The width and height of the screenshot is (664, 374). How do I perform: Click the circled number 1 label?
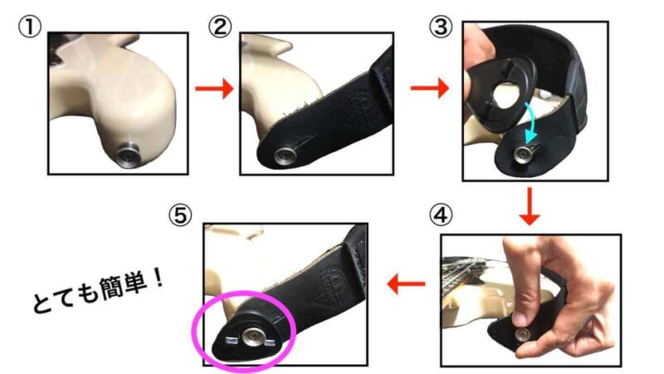pos(29,28)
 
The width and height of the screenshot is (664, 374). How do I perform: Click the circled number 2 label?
pos(220,27)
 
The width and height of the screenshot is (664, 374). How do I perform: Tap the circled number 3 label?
pos(441,27)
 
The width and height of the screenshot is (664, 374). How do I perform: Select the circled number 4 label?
pos(441,214)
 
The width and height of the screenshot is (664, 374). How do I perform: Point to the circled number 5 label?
pos(180,215)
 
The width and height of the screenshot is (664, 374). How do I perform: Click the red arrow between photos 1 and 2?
pos(214,89)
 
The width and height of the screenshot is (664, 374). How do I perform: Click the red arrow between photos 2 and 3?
pos(429,88)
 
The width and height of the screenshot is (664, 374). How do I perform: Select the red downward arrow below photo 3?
pos(530,206)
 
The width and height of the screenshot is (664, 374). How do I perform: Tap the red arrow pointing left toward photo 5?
pos(406,283)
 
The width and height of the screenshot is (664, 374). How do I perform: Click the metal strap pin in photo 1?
pos(129,155)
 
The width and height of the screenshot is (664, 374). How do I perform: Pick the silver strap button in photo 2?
pos(282,155)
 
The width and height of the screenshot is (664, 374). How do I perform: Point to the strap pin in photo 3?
pos(521,155)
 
